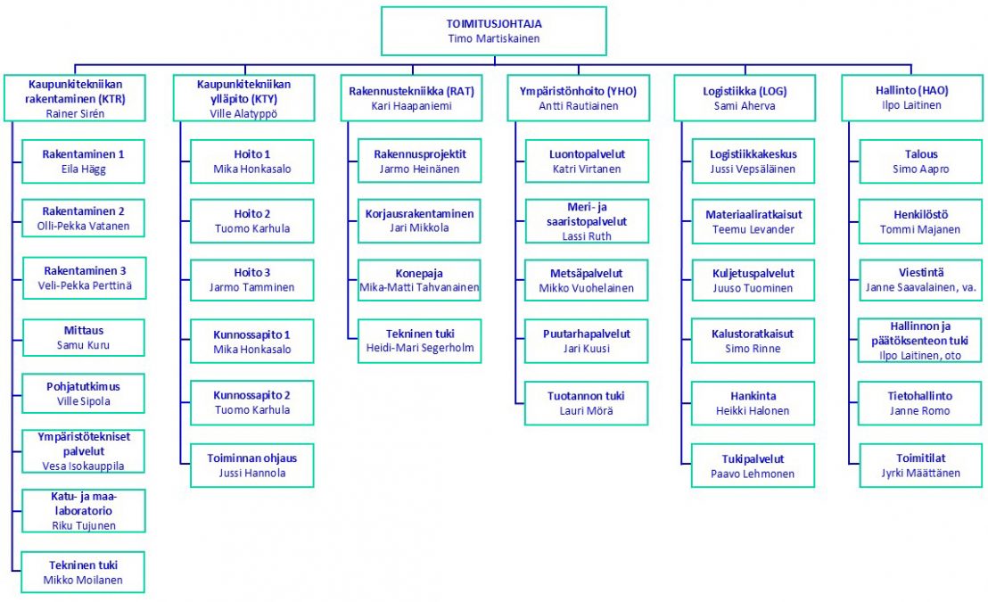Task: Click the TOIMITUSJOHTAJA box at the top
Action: pyautogui.click(x=493, y=30)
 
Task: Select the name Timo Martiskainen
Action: pyautogui.click(x=493, y=38)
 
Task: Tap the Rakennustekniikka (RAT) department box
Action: pyautogui.click(x=411, y=98)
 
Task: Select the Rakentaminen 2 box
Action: pyautogui.click(x=84, y=219)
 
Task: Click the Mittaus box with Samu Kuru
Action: pyautogui.click(x=84, y=338)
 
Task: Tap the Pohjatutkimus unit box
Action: pyautogui.click(x=84, y=394)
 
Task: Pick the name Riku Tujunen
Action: pyautogui.click(x=84, y=525)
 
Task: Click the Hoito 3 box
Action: pyautogui.click(x=253, y=280)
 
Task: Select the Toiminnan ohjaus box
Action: pyautogui.click(x=253, y=466)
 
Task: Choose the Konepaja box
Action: pyautogui.click(x=419, y=280)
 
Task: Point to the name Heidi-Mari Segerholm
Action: pyautogui.click(x=419, y=348)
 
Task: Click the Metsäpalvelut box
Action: pyautogui.click(x=587, y=280)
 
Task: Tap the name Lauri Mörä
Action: pyautogui.click(x=587, y=411)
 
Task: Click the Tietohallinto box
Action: pyautogui.click(x=920, y=403)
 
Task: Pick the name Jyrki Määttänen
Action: pyautogui.click(x=920, y=473)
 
